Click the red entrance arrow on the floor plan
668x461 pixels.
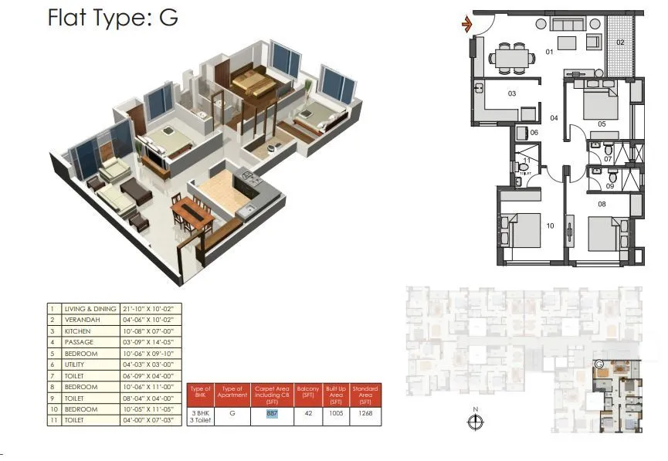(x=466, y=25)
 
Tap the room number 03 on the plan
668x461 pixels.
(x=511, y=93)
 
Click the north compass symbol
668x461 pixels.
(x=476, y=422)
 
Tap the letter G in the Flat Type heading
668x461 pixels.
(x=168, y=19)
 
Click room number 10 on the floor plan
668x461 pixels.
(x=550, y=226)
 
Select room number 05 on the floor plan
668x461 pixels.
(x=601, y=124)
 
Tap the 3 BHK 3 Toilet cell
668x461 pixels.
(x=200, y=417)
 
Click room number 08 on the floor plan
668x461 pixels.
(x=601, y=204)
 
